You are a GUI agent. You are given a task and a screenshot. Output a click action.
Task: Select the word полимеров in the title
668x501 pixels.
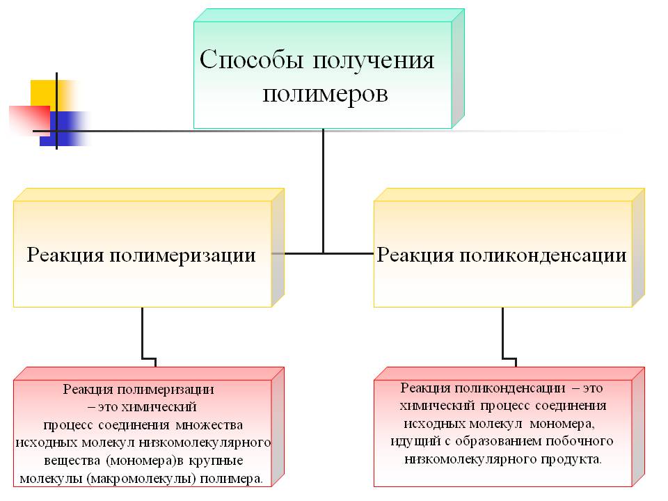pos(325,94)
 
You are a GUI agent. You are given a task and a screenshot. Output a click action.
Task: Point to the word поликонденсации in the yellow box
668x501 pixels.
pos(541,255)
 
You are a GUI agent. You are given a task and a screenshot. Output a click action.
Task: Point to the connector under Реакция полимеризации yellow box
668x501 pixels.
pos(143,334)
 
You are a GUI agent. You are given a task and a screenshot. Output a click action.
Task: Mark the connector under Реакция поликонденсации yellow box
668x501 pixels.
pos(502,334)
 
